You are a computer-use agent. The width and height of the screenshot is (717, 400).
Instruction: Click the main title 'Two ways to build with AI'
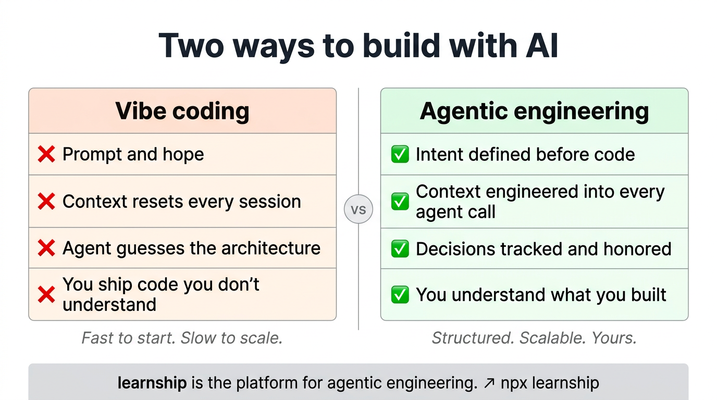point(358,46)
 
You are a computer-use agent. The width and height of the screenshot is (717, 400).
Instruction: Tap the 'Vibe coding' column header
point(182,111)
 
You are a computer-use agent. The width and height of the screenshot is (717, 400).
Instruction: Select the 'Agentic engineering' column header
point(534,111)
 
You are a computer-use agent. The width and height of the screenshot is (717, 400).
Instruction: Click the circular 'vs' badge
point(358,209)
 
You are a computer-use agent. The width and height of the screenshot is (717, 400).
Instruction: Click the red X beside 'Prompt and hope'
point(46,154)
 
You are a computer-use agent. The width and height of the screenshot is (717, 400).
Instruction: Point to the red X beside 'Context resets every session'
point(46,202)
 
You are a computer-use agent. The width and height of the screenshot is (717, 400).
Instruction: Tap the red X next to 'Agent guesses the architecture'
point(46,248)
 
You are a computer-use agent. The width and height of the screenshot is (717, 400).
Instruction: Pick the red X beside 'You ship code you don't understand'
point(46,295)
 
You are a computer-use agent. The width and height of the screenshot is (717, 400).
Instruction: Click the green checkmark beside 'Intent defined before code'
point(400,155)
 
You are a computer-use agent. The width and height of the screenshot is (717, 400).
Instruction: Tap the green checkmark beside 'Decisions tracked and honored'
point(400,249)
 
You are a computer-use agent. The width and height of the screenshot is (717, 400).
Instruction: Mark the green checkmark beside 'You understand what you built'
point(400,295)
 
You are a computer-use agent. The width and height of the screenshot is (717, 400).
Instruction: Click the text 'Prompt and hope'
point(133,155)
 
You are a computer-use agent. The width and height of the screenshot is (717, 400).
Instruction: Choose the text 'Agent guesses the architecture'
point(191,248)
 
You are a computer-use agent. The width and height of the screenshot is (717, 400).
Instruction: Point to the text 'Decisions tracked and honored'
point(543,249)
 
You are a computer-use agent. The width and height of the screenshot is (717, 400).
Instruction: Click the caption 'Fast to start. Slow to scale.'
point(182,338)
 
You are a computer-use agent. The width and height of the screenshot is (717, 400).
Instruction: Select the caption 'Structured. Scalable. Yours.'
point(534,338)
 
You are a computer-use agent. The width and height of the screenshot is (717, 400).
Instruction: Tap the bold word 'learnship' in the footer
point(152,383)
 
